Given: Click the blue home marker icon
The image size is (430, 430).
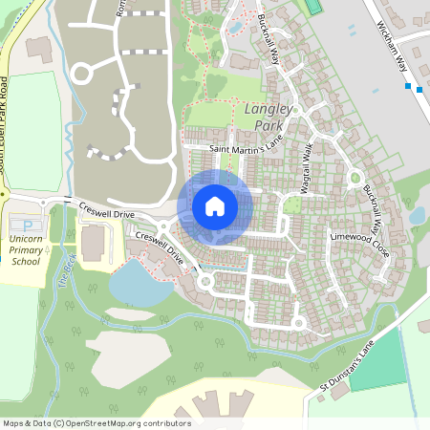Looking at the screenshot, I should point(215,205).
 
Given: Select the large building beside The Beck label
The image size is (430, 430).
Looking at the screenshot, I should point(93,245).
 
